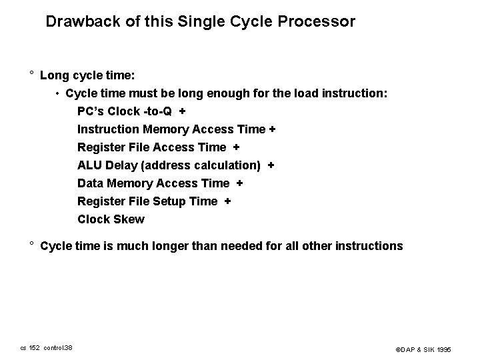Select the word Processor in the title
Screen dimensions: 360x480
321,21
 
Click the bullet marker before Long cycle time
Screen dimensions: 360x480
31,75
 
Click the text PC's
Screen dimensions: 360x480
91,111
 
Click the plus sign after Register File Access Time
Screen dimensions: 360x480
237,147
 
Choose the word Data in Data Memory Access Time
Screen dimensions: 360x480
91,183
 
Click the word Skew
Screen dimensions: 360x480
129,219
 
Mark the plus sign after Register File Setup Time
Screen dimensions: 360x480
228,201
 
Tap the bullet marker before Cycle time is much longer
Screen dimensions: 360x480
31,245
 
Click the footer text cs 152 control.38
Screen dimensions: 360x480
47,347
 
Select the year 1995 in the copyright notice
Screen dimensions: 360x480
445,349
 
